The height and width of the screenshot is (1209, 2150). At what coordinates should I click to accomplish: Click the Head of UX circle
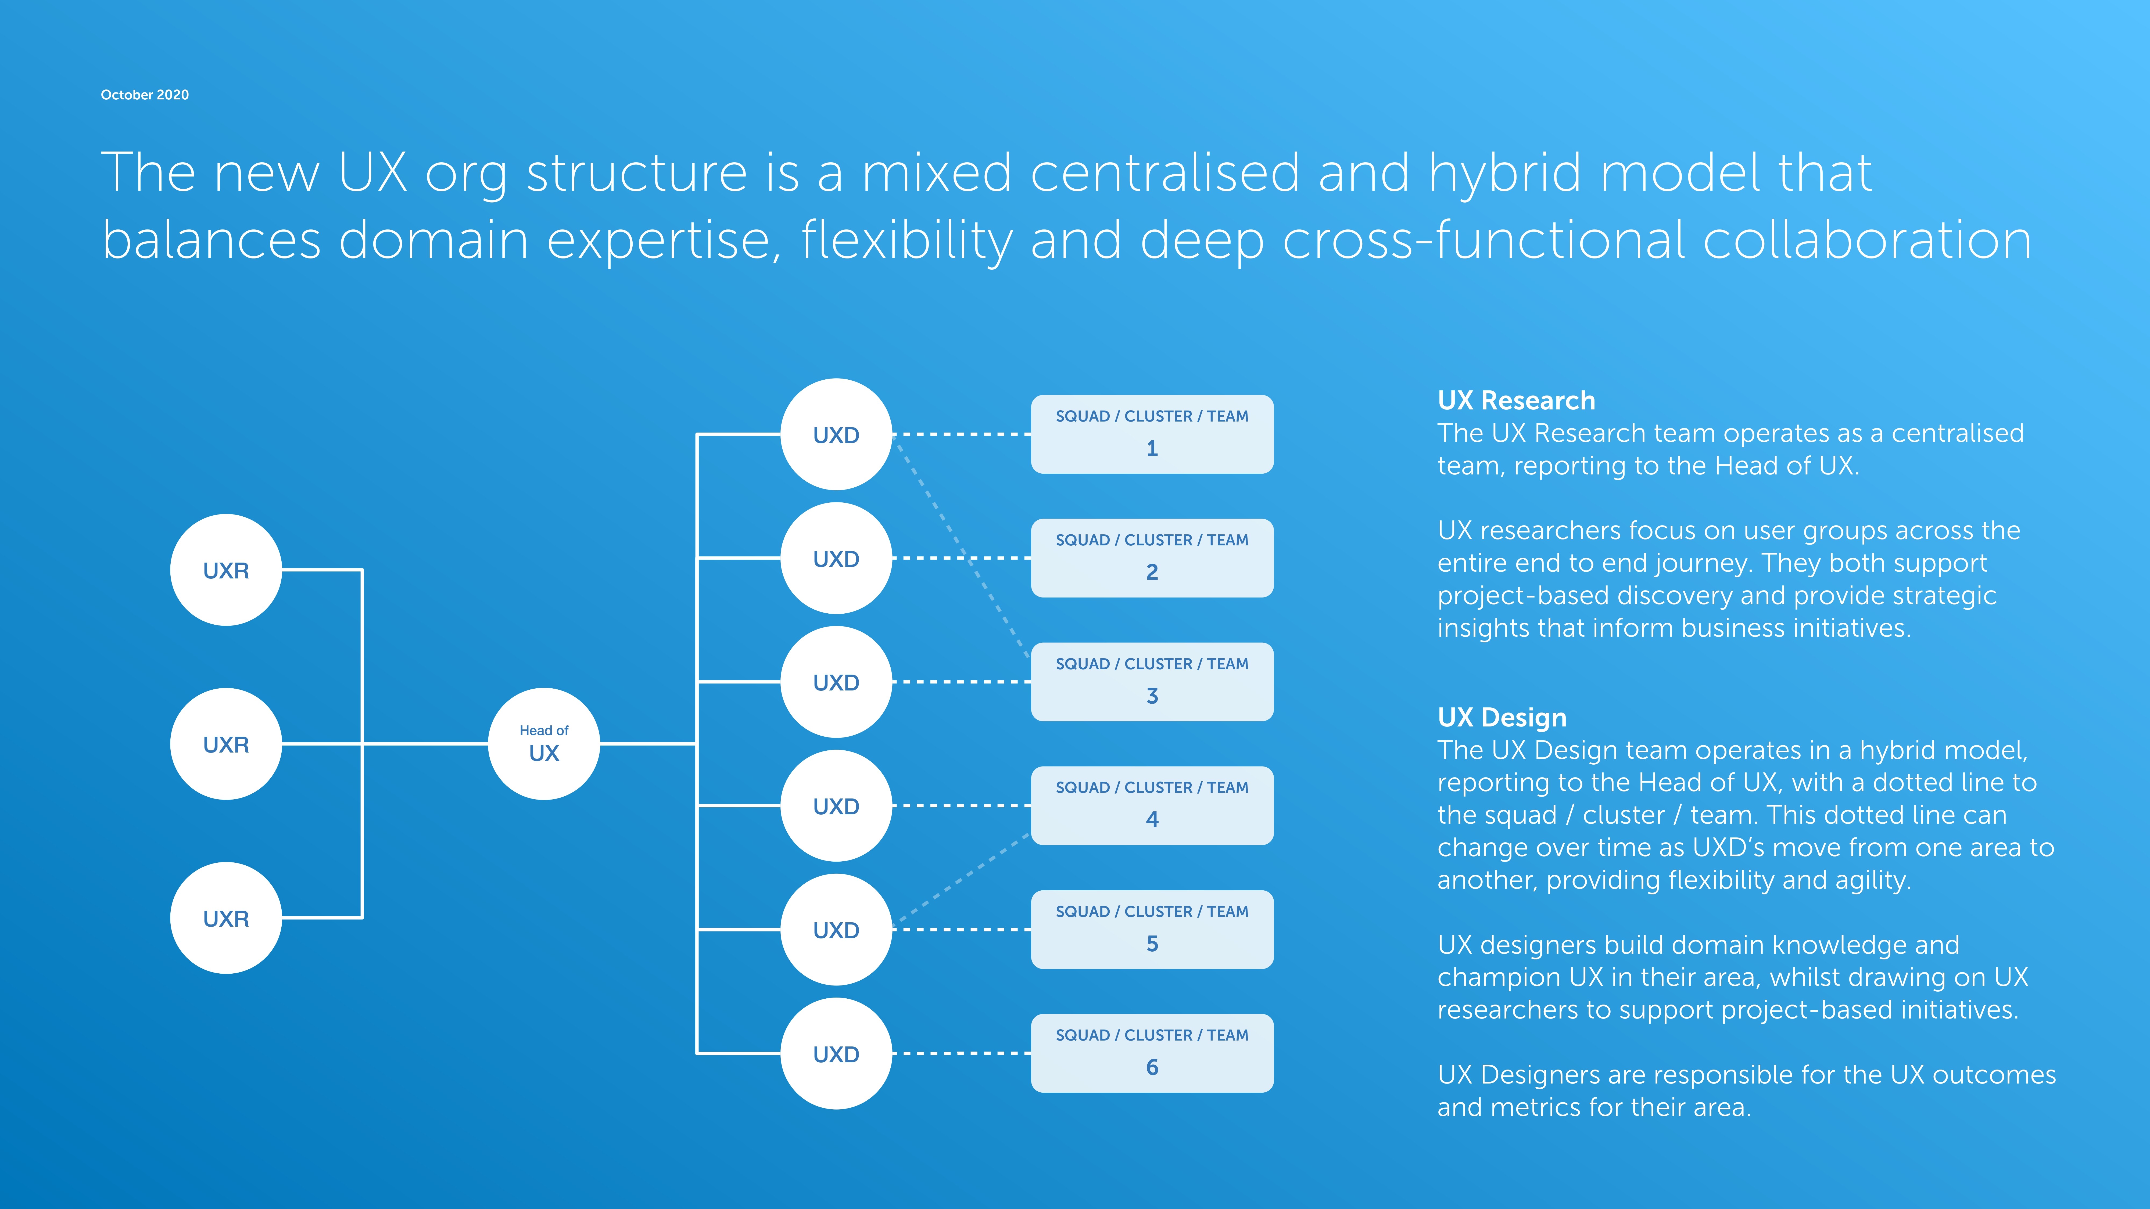point(543,743)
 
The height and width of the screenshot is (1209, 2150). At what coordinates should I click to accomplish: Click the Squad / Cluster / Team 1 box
point(1152,434)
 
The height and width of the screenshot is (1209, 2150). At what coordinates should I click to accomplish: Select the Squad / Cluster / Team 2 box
point(1152,557)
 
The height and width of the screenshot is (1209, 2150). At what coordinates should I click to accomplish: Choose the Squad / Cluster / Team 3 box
point(1152,682)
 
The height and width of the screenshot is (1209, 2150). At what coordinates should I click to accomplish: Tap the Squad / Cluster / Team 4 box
point(1152,805)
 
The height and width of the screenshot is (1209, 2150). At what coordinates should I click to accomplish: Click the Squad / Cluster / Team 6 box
point(1152,1053)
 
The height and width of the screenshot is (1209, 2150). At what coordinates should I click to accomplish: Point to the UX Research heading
point(1516,401)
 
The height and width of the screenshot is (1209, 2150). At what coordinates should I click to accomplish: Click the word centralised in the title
point(1164,173)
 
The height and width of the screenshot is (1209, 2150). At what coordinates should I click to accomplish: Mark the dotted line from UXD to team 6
point(962,1053)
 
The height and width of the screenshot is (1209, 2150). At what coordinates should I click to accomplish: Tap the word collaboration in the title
point(1866,240)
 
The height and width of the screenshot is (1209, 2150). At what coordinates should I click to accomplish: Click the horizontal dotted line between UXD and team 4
point(962,805)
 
